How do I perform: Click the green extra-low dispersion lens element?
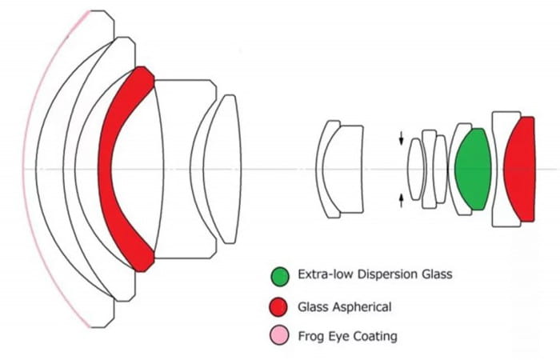point(472,169)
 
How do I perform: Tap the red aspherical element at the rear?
point(521,170)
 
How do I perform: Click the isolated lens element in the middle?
point(340,169)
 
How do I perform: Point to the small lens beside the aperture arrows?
point(414,169)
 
